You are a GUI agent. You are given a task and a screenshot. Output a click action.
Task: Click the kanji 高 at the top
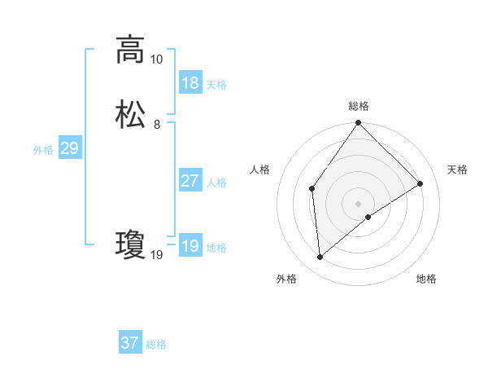click(130, 51)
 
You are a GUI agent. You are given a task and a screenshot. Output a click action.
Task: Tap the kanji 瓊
click(130, 245)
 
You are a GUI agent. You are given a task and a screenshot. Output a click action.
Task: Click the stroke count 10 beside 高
click(156, 59)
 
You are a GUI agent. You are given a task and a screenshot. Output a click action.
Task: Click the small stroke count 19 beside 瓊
click(156, 255)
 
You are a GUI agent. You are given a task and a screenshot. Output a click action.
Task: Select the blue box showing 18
click(190, 83)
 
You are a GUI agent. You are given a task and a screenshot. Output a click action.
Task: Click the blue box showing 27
click(190, 181)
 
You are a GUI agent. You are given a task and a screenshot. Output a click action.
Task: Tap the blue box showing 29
click(69, 148)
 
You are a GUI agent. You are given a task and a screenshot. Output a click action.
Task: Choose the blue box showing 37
click(130, 343)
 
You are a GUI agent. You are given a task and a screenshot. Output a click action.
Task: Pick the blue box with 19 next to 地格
click(190, 246)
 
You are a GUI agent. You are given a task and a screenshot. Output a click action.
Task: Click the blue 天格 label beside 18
click(216, 85)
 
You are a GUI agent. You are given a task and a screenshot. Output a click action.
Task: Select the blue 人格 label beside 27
click(216, 183)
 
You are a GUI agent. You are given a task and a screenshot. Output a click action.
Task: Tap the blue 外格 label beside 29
click(43, 150)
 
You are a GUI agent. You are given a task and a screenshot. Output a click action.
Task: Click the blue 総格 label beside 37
click(156, 345)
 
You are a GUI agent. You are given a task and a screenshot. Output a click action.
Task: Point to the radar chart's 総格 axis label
click(359, 107)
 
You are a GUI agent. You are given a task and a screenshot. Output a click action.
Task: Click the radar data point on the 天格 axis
click(420, 183)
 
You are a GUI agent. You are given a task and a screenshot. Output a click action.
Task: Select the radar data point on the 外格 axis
click(320, 258)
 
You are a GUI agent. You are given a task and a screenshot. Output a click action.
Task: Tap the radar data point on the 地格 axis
click(368, 217)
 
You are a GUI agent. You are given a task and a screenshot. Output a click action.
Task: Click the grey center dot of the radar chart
click(359, 203)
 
